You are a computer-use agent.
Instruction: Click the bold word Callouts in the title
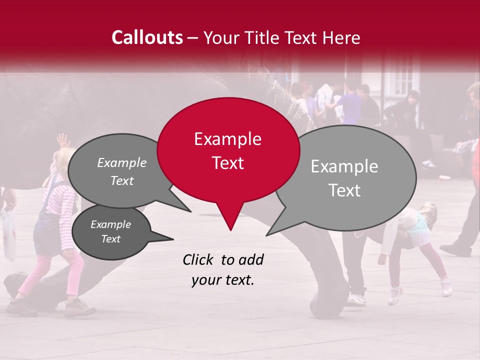click(x=147, y=37)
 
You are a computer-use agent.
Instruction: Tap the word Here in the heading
click(x=340, y=38)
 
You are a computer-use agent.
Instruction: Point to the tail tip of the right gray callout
click(x=268, y=234)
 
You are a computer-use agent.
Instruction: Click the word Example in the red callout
click(x=227, y=139)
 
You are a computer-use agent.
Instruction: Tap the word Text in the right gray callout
click(x=345, y=190)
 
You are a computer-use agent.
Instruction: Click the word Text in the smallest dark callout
click(x=110, y=239)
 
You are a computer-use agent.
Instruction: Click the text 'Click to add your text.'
click(x=223, y=270)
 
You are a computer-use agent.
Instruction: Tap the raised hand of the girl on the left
click(x=62, y=139)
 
